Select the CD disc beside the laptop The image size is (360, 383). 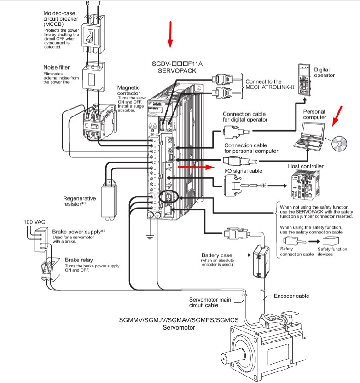click(x=339, y=145)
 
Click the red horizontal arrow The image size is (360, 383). click(x=196, y=168)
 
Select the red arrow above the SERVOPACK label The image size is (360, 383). click(x=170, y=35)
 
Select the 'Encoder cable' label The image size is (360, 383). click(x=291, y=296)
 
